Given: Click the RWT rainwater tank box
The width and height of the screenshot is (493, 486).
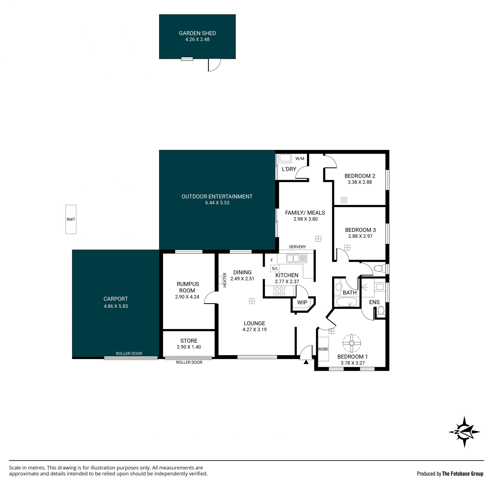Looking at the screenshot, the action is point(71,219).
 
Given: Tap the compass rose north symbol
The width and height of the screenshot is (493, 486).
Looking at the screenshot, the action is point(464,432).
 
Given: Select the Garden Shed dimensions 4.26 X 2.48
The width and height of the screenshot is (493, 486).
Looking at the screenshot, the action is point(197,39).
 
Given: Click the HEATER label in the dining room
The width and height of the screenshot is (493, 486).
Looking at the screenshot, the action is point(225,280).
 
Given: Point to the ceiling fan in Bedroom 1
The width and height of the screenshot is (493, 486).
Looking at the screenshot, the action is point(352,343).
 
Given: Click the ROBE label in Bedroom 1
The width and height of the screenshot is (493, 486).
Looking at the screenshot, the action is point(323,349).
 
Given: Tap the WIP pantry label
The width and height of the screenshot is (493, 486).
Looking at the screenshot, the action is point(302,302).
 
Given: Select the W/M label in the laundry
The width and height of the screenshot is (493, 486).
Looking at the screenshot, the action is point(300,158).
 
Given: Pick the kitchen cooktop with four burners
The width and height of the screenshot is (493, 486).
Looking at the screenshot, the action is point(279,291).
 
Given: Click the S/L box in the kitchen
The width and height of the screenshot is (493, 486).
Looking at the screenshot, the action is point(275,269).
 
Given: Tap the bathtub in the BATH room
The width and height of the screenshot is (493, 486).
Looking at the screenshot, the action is point(346,302).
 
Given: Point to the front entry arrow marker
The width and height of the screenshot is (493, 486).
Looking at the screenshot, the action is point(306,362).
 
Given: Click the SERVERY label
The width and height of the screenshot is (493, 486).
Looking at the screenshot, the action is point(297,247).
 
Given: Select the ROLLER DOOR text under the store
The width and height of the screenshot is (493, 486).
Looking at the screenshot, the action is point(189,362).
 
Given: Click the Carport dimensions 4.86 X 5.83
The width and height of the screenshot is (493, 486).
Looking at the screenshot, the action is point(116,306).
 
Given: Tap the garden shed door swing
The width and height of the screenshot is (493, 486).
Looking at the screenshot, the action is point(214,65).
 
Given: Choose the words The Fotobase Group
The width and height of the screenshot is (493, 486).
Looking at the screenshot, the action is point(463,474).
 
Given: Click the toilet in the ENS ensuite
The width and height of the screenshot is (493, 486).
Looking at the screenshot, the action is point(381,311).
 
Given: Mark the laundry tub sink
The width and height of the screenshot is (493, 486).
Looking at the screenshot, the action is point(285,158).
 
